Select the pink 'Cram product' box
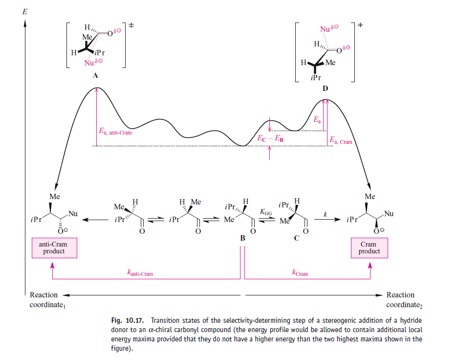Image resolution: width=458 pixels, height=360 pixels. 369,247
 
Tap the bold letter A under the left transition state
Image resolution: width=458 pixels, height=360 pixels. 95,76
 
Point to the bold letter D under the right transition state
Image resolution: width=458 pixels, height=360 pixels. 325,89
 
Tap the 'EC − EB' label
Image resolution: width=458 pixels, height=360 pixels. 270,139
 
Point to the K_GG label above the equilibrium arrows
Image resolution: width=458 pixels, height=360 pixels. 266,212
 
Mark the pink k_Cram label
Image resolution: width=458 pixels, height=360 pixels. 300,273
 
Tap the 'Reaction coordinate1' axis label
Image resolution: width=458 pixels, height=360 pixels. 44,299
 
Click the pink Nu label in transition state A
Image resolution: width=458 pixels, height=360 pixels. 91,63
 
